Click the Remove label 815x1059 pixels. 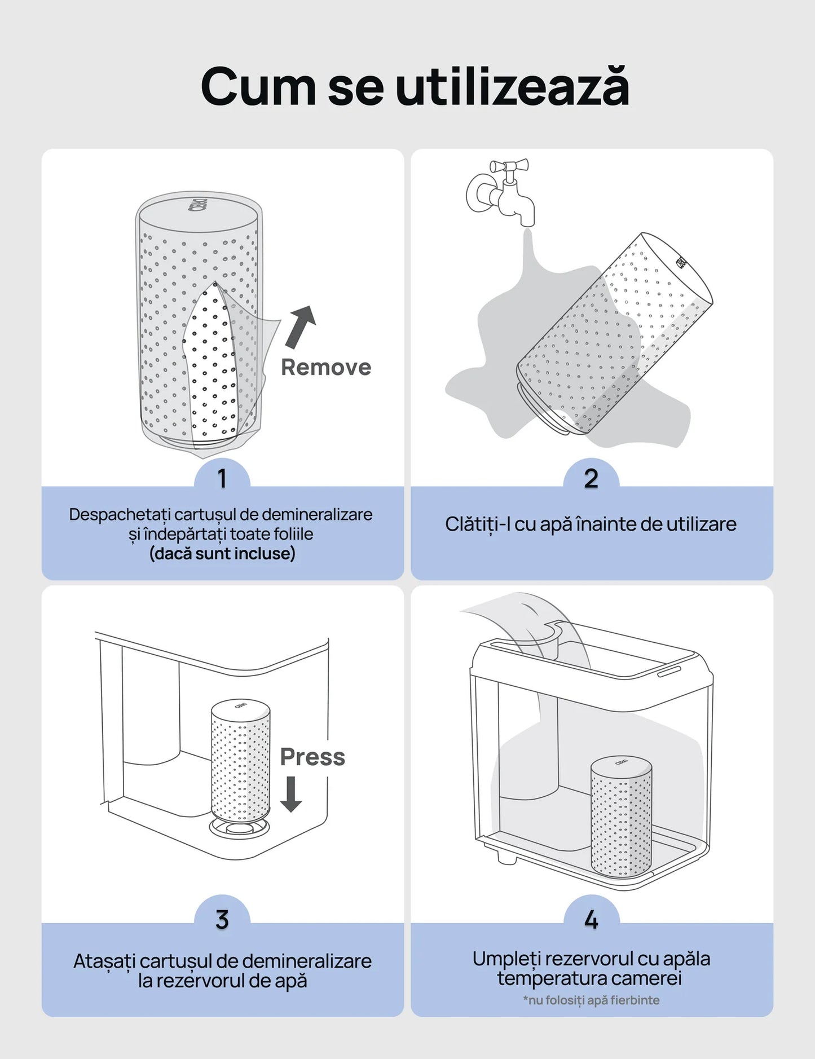point(326,367)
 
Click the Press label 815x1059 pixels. point(312,757)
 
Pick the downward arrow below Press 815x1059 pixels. point(291,794)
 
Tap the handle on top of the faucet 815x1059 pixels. point(509,166)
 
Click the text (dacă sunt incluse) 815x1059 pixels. point(222,553)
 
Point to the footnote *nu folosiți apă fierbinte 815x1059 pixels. point(591,1000)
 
